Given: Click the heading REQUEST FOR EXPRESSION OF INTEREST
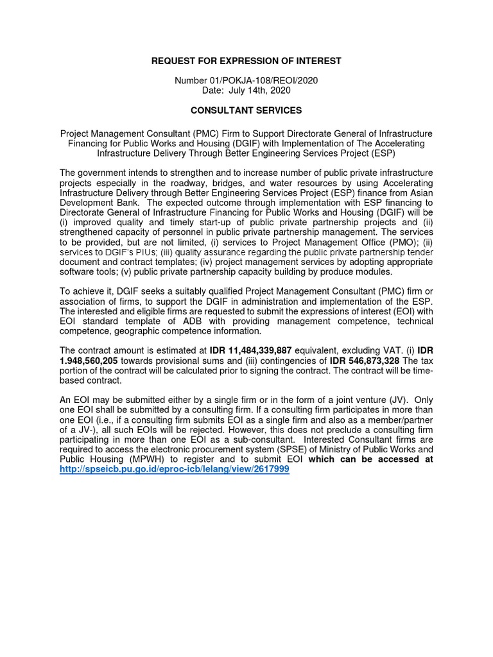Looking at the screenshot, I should point(246,61).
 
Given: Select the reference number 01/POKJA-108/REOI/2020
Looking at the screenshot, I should point(264,80).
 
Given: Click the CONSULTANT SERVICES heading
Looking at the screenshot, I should point(246,110).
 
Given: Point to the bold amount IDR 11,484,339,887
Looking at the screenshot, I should point(250,350).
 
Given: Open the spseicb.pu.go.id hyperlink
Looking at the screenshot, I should point(175,469).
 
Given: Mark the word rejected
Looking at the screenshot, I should point(218,429).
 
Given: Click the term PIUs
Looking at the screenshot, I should point(141,252).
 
